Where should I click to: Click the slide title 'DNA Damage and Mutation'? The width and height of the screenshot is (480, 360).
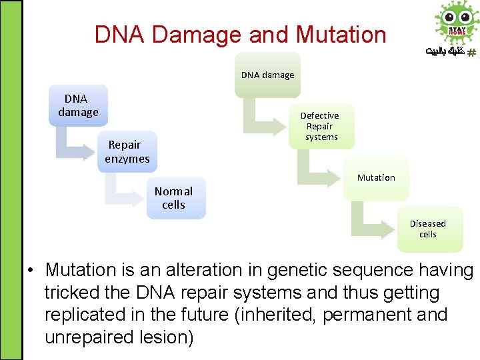(x=240, y=34)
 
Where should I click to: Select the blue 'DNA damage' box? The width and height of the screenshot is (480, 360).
(x=78, y=105)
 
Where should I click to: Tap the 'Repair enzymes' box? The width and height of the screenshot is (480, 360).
(x=127, y=152)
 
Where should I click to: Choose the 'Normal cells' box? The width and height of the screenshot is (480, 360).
(x=175, y=198)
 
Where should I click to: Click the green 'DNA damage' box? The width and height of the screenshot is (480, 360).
(x=267, y=75)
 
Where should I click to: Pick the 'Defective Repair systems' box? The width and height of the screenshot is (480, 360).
(x=321, y=126)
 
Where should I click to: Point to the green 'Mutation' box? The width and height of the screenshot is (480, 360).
(x=376, y=178)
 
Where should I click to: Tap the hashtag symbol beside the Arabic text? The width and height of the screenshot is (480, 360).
(x=471, y=52)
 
